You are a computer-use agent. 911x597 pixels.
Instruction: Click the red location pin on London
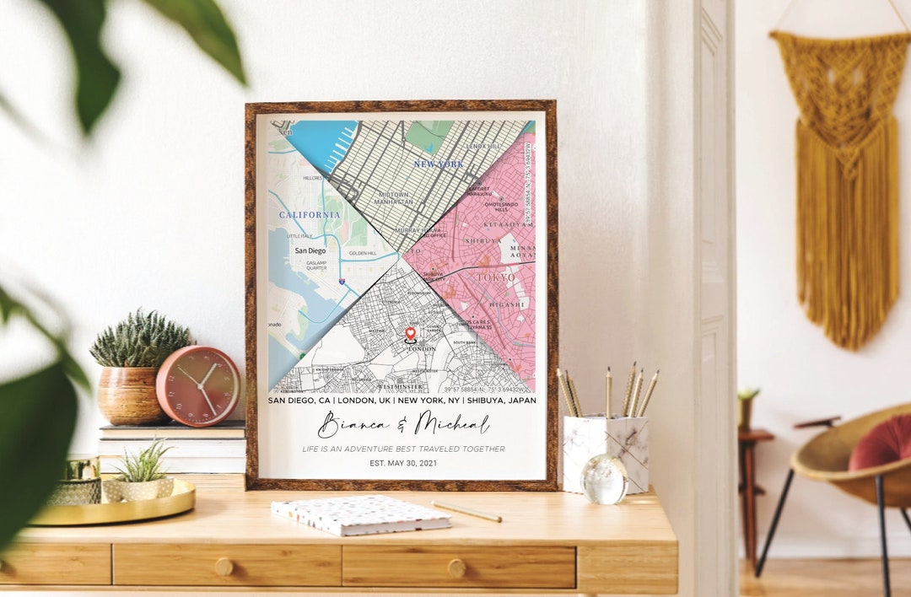(411, 333)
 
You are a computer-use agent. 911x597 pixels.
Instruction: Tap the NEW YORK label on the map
(438, 164)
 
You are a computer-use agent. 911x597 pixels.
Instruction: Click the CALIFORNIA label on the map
(310, 214)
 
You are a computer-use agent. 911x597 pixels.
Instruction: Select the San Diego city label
(310, 250)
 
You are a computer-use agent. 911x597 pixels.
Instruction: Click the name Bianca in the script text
(353, 424)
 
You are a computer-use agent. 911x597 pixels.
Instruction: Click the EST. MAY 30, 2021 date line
(403, 463)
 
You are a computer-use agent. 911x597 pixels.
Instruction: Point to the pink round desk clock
(197, 385)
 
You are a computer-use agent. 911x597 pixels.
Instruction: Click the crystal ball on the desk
(604, 478)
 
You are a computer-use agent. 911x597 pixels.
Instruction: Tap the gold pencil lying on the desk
(467, 511)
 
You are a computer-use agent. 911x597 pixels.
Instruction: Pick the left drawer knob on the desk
(224, 567)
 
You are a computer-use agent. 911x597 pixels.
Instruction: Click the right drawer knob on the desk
(456, 567)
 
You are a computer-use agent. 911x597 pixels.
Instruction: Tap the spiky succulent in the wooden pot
(139, 340)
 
